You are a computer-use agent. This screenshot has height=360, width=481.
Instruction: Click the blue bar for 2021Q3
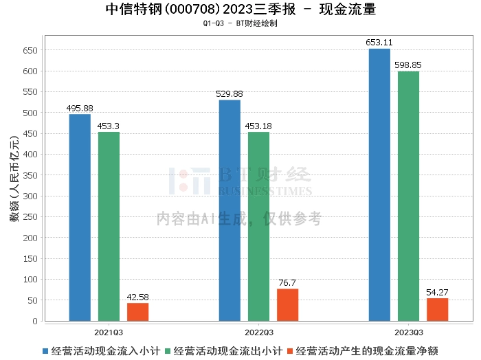tap(80, 217)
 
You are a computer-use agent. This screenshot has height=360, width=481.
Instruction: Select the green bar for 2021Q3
tap(109, 226)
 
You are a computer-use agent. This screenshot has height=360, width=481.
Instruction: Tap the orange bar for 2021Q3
tap(137, 312)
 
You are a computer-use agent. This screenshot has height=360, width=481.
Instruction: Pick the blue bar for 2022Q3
tap(230, 210)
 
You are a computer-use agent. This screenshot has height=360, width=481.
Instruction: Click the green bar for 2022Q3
tap(258, 226)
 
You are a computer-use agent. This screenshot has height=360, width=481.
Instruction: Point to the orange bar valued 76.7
tap(287, 304)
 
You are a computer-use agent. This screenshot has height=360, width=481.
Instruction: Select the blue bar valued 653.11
tap(379, 184)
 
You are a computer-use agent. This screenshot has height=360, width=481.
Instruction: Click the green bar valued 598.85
tap(408, 196)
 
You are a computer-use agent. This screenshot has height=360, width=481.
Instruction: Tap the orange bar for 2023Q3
tap(437, 309)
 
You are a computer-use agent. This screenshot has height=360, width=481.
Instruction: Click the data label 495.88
tap(80, 109)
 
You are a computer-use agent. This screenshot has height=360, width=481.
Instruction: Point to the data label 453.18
tap(258, 126)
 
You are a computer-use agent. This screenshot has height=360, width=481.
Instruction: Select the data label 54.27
tap(437, 293)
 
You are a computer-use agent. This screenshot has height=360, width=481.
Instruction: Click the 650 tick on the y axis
tap(31, 50)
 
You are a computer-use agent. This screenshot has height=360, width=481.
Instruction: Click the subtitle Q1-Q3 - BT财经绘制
tap(240, 23)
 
